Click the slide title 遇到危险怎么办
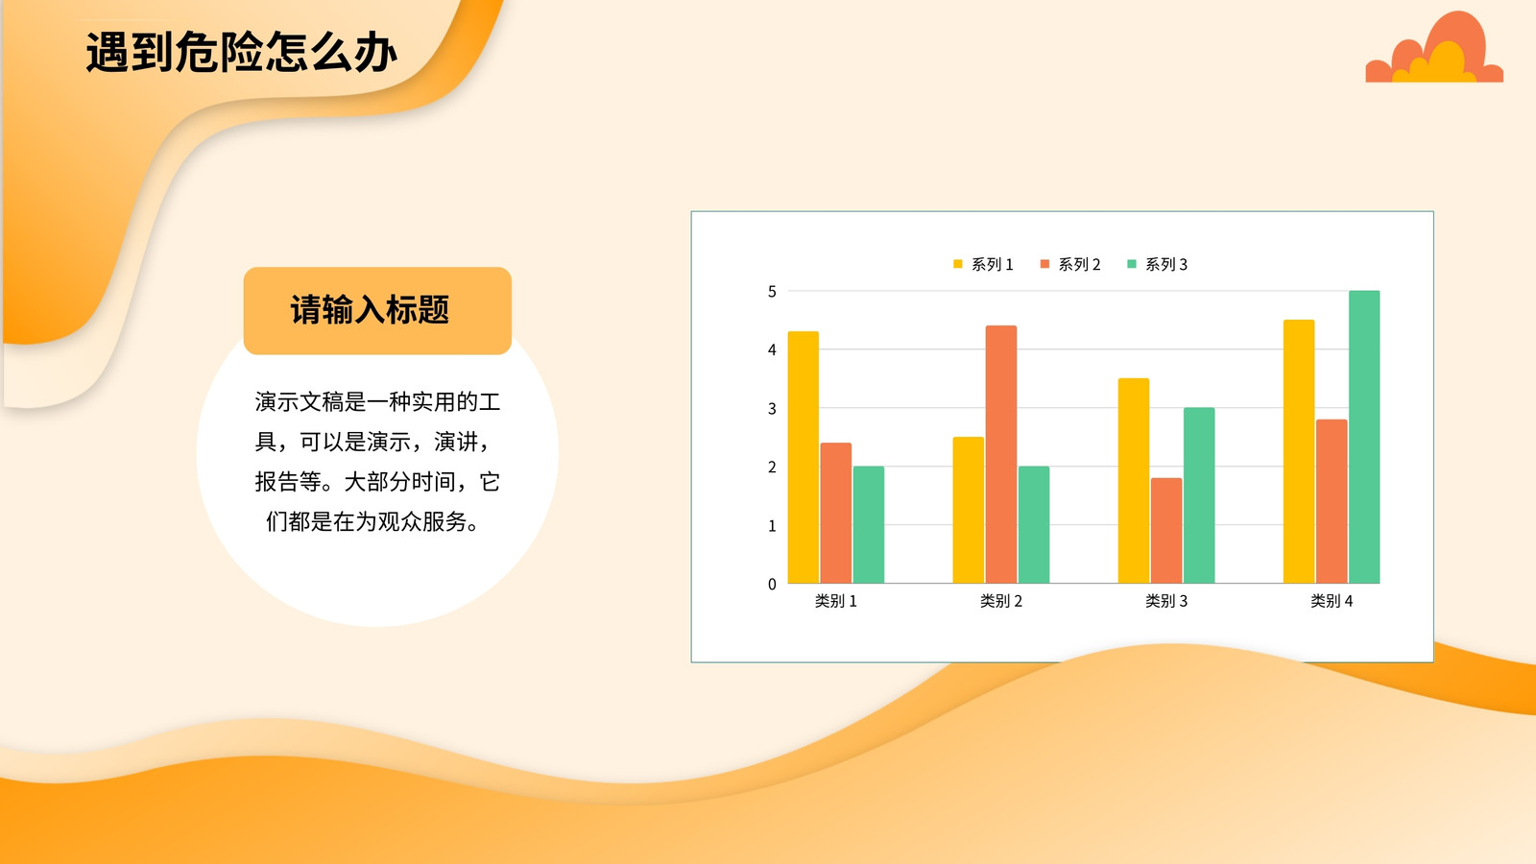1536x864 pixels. pos(241,52)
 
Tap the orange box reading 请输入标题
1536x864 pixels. pos(377,311)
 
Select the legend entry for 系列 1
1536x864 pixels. pos(983,264)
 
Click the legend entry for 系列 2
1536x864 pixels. pos(1069,264)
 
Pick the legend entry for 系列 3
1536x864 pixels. pos(1157,264)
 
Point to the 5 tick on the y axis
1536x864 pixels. pos(772,292)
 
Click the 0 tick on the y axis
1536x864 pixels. pos(772,585)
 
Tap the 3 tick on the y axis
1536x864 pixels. pos(772,409)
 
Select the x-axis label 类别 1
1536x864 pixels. pos(836,601)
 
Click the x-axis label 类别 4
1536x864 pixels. pos(1332,601)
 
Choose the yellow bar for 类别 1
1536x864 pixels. pos(803,457)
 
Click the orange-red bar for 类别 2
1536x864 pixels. pos(1001,455)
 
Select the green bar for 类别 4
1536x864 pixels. pos(1364,437)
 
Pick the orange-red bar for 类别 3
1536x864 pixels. pos(1166,531)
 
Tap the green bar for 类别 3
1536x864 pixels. pos(1199,495)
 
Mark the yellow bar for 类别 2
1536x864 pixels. pos(969,510)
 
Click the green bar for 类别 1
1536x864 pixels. pos(869,524)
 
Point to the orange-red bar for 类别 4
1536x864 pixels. pos(1332,501)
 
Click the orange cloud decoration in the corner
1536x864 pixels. pos(1434,47)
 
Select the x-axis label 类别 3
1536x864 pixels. pos(1166,601)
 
